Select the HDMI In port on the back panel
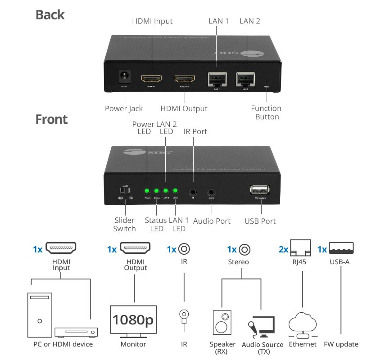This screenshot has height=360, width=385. click(151, 79)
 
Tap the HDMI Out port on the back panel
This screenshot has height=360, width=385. click(184, 79)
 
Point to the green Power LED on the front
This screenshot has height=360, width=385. click(147, 190)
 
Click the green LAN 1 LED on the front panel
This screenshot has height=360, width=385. click(176, 190)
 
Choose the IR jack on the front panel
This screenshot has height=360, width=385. click(193, 191)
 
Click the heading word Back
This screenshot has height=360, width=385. click(50, 15)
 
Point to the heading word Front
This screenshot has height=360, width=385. click(52, 119)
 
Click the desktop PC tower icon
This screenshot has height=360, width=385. click(40, 315)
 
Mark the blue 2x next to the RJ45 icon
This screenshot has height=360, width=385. click(284, 249)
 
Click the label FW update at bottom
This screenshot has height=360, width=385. click(341, 344)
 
